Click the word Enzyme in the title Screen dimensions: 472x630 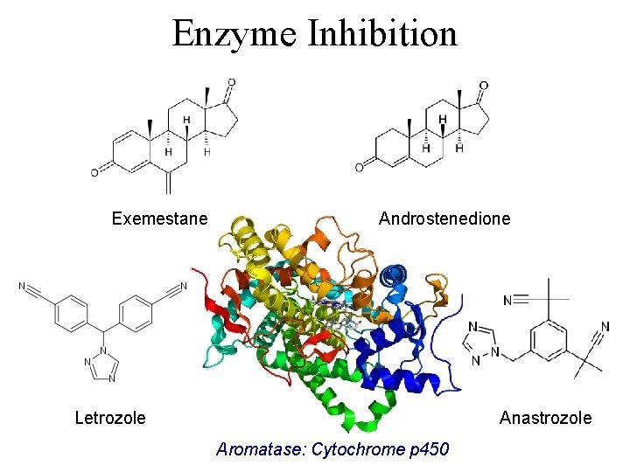pos(231,34)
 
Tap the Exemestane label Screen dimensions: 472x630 pos(159,219)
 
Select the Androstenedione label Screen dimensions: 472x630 pos(444,219)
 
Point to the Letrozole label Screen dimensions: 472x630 pos(110,418)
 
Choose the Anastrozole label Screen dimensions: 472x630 pos(545,418)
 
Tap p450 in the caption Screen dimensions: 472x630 pos(429,449)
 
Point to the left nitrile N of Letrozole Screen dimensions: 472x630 pos(21,286)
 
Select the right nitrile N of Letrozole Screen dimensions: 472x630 pos(184,286)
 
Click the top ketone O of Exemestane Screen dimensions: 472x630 pos(231,83)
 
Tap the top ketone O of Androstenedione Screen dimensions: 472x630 pos(483,86)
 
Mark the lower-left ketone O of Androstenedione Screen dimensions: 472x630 pos(359,168)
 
